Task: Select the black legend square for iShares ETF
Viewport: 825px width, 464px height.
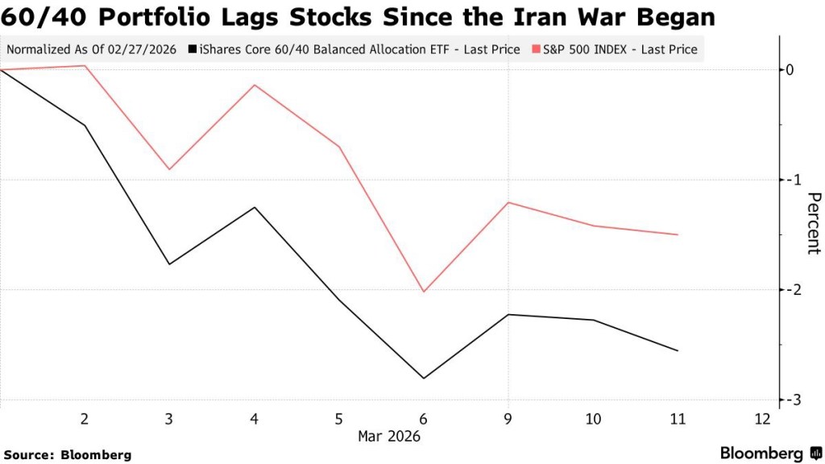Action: [191, 50]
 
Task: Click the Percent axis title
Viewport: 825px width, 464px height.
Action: [813, 223]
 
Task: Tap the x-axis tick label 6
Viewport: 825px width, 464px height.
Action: [424, 419]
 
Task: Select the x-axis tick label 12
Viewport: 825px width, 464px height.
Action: [761, 419]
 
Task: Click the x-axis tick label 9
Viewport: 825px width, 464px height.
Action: [508, 419]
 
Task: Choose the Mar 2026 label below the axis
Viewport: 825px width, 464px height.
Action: [389, 436]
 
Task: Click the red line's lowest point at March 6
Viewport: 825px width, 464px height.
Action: [424, 292]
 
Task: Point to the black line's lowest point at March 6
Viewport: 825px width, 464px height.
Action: [424, 378]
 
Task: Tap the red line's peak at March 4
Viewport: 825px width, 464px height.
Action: [255, 85]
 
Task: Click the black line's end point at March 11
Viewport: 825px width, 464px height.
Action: [678, 350]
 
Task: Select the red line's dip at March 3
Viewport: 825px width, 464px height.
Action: [169, 169]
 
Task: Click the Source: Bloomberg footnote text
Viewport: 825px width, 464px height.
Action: [67, 455]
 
